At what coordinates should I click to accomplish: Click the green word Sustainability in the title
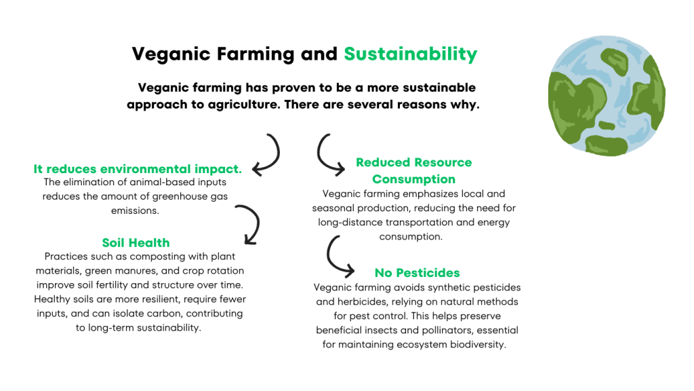(410, 54)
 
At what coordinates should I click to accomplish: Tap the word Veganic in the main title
(171, 54)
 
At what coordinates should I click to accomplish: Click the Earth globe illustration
(607, 96)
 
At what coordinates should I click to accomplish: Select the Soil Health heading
(136, 243)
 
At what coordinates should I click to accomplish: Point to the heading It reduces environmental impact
(138, 169)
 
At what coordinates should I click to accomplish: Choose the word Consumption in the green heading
(413, 179)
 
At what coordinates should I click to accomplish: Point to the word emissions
(135, 210)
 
